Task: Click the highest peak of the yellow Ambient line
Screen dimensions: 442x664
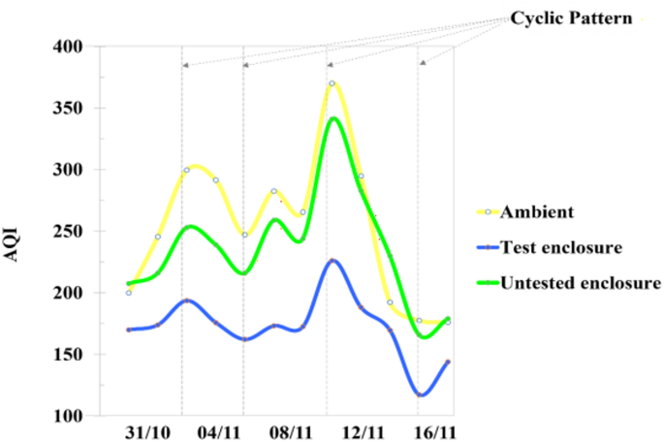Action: point(332,83)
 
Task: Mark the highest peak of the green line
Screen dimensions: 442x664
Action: point(333,118)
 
